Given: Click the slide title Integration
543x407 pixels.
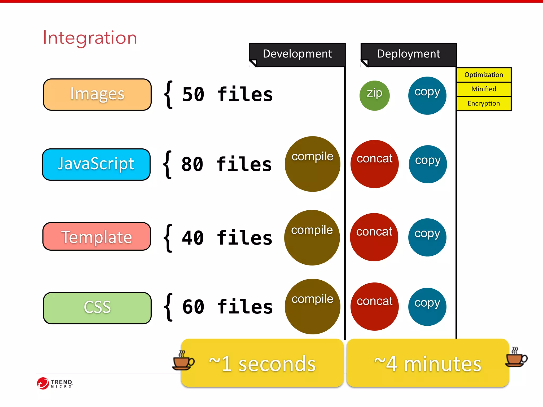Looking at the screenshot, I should [x=90, y=38].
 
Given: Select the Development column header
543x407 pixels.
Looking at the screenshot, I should [x=297, y=54].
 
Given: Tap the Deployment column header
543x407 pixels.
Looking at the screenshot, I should [x=409, y=54].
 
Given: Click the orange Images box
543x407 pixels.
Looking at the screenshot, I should [x=97, y=94].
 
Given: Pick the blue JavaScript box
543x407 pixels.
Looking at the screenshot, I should [x=96, y=164].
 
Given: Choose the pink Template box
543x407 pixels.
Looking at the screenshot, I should [x=97, y=237].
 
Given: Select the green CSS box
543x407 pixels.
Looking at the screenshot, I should [x=97, y=308].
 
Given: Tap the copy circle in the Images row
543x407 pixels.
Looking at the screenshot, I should [x=427, y=95].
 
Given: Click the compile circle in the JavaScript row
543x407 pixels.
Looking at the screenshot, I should [x=312, y=164].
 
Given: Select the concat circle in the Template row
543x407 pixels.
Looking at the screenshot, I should [x=374, y=237].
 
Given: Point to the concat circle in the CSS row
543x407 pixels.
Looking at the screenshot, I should [x=374, y=306].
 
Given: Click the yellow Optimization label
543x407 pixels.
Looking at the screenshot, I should [x=484, y=75].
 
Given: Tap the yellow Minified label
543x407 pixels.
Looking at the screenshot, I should [x=484, y=89].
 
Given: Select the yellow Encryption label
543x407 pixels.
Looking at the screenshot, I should [x=484, y=104].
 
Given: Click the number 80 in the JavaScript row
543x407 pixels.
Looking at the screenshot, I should [x=192, y=164].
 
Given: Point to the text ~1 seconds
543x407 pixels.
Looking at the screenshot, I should [x=262, y=364].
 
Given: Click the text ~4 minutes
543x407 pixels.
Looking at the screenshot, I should [x=427, y=364].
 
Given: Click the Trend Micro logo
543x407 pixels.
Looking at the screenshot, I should [x=55, y=383].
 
